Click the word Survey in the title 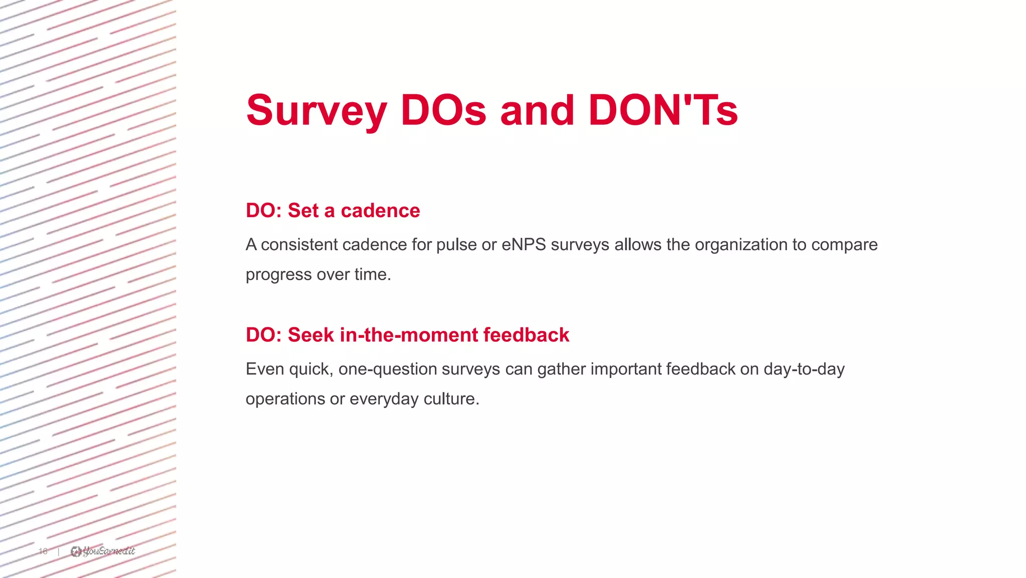(x=316, y=111)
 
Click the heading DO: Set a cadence (x=333, y=211)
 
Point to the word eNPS (x=524, y=245)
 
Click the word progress (x=278, y=275)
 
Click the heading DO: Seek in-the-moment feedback (x=407, y=335)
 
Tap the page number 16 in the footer (x=43, y=551)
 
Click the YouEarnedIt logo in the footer (x=103, y=551)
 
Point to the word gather (x=561, y=369)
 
